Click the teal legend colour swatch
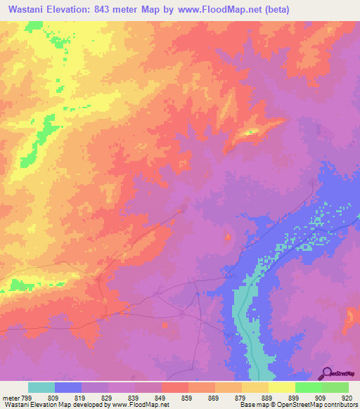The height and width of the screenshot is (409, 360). point(41,387)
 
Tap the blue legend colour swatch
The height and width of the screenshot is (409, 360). point(68,387)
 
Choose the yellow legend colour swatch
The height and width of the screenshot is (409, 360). point(282,387)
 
